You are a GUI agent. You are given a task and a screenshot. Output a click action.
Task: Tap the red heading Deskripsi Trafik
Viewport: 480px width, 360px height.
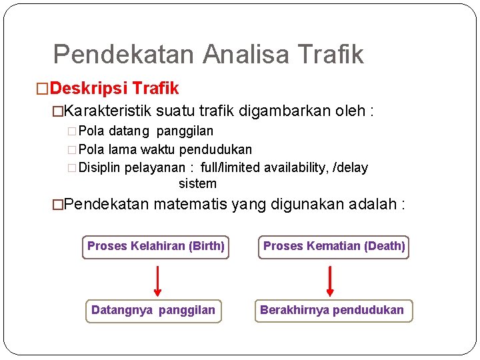(114, 88)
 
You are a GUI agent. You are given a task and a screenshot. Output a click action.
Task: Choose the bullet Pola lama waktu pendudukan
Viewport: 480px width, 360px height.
(165, 149)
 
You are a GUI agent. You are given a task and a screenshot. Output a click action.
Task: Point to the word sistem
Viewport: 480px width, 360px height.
(197, 183)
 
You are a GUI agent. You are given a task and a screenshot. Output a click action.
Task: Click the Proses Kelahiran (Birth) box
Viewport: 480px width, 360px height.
(155, 247)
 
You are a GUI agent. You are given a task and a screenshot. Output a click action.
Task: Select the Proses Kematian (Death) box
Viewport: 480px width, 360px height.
(333, 247)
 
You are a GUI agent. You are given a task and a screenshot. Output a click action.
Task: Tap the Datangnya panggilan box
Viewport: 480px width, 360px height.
(153, 310)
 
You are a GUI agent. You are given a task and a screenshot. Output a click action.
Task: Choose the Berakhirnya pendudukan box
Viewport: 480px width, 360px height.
(332, 310)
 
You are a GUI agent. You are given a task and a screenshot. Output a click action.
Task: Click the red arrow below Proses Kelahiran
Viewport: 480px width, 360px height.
(157, 280)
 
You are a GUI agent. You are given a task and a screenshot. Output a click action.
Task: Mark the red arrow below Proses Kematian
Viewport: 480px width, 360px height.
(330, 280)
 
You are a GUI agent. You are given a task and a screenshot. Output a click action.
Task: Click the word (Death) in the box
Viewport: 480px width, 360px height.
(385, 247)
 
